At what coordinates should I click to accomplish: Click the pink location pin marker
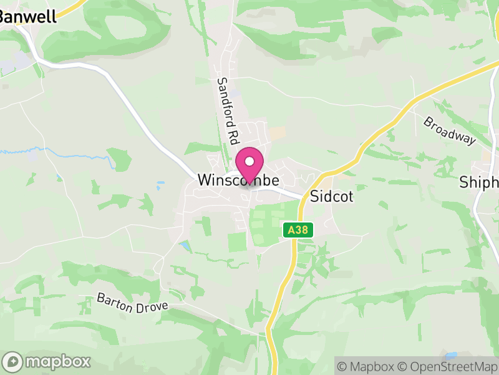point(249,164)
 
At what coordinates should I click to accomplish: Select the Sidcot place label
point(332,196)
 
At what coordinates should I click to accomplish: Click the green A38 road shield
point(297,230)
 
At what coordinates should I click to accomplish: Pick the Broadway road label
point(449,131)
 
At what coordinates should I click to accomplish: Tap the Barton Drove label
point(132,305)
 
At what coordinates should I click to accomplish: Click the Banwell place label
point(28,17)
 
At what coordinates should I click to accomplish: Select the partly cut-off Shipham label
point(479,182)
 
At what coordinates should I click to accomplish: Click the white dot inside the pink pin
point(249,161)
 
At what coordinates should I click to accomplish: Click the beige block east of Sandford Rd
point(276,132)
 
